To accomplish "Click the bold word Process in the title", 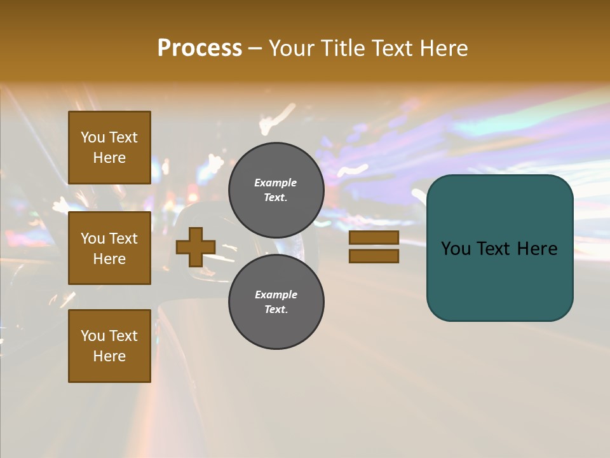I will [x=200, y=48].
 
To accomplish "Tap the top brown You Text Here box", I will [x=109, y=148].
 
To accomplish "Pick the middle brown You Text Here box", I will [x=109, y=248].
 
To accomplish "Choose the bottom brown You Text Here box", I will [x=109, y=346].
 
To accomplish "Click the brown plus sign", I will [x=196, y=247].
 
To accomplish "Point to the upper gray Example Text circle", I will [x=276, y=190].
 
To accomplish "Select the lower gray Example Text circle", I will [x=276, y=302].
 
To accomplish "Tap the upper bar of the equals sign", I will [x=374, y=237].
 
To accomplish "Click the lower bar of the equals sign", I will [x=374, y=256].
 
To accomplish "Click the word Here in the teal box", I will [x=537, y=249].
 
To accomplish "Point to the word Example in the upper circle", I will [x=276, y=183].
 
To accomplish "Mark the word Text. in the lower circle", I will [x=276, y=310].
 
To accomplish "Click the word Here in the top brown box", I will [x=109, y=158].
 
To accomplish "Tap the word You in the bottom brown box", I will [x=93, y=336].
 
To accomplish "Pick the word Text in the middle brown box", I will [x=123, y=239].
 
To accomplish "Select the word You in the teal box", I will [x=456, y=249].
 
